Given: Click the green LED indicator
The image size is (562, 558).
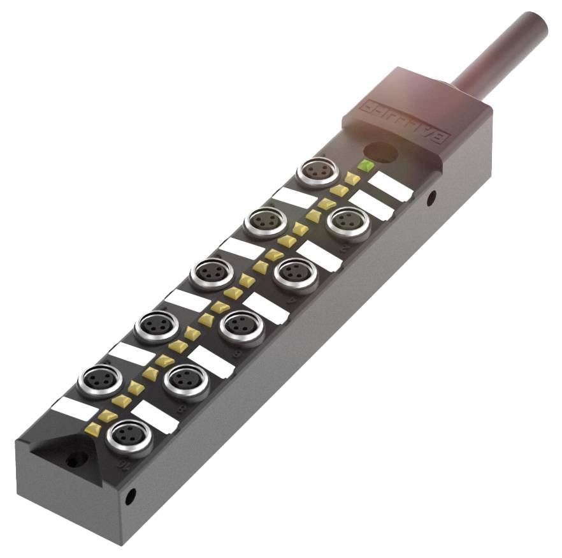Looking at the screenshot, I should pos(366,166).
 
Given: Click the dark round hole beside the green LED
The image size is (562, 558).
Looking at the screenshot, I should pos(381,151).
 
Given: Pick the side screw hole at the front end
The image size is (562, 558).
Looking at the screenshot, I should pos(130,495).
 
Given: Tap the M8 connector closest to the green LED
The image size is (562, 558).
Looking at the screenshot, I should pos(317,173).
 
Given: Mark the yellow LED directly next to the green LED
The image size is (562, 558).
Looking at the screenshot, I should pos(352,179).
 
